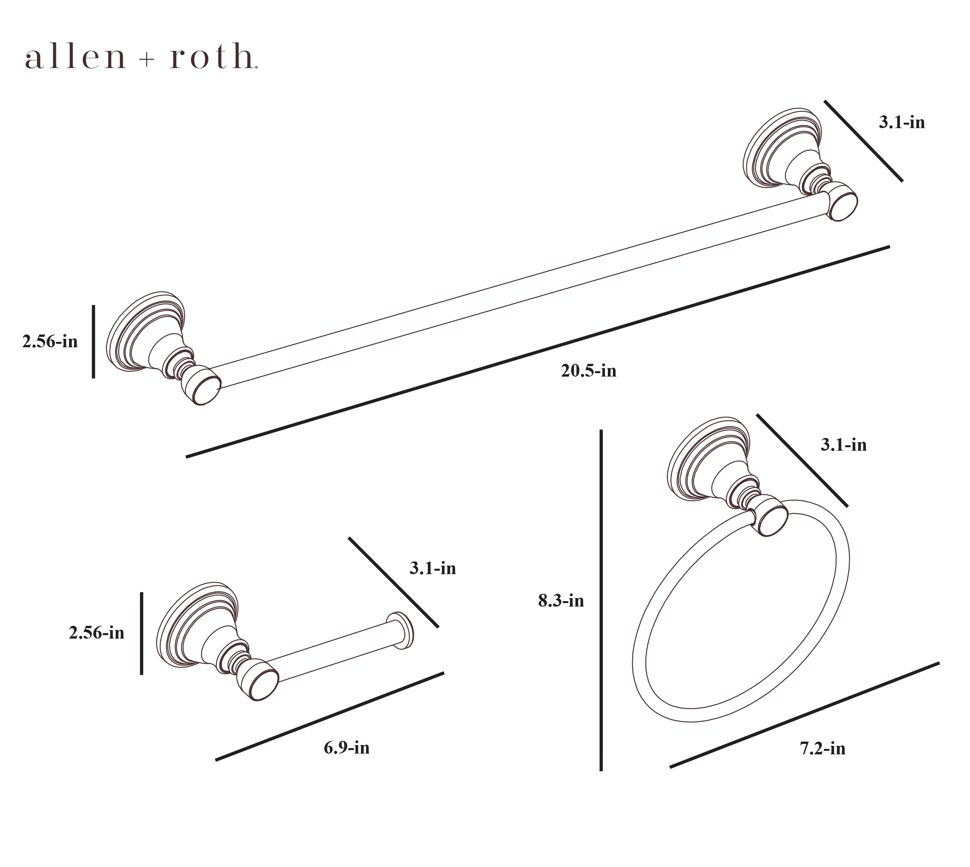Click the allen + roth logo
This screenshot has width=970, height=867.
142,57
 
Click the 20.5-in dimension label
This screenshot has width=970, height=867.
589,371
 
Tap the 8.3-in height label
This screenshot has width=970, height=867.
561,601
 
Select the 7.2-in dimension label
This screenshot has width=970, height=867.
823,749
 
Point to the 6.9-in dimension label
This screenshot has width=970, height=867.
347,747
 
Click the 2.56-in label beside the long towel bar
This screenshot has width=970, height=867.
50,341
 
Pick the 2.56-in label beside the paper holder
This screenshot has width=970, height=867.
97,633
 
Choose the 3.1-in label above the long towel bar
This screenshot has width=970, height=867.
902,122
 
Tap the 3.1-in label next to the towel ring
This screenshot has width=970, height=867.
844,444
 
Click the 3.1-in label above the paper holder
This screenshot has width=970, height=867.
433,568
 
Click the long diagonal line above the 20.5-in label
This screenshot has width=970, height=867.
538,352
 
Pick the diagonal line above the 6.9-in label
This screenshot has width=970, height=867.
329,717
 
